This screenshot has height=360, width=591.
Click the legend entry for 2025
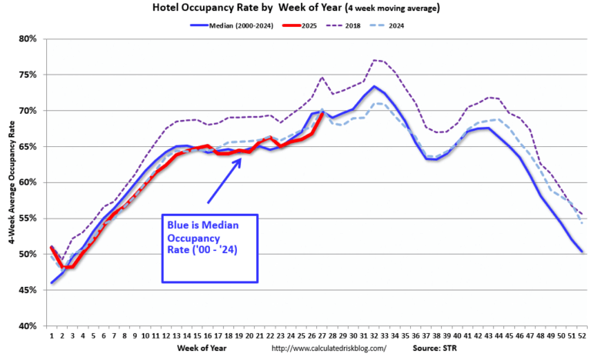point(313,25)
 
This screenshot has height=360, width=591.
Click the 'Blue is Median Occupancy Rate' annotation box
point(208,247)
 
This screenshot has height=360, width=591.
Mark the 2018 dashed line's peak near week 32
point(374,59)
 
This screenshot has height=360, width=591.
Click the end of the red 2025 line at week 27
point(321,112)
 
